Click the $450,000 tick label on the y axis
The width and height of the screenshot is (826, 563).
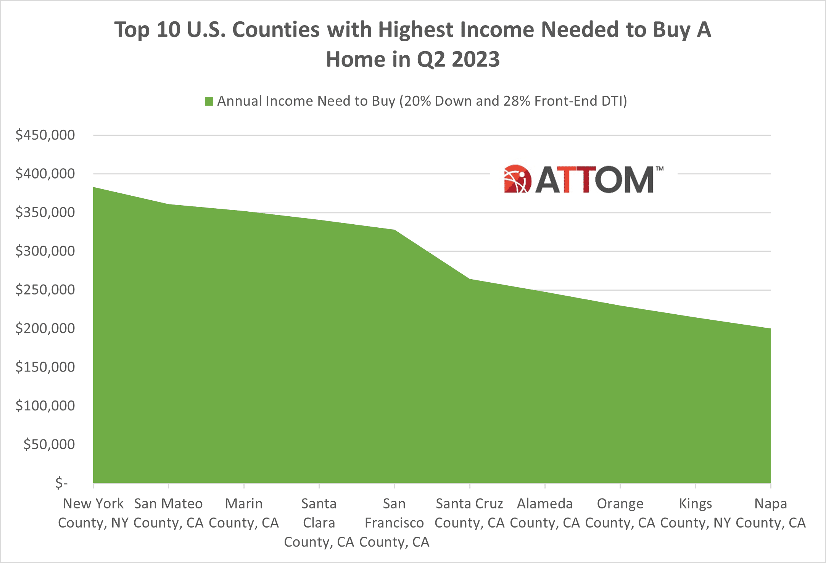point(45,135)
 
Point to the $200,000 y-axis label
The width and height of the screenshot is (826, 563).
point(45,328)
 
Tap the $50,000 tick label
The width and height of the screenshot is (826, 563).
point(49,444)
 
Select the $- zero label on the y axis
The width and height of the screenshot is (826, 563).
point(61,483)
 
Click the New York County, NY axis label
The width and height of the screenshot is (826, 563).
point(93,513)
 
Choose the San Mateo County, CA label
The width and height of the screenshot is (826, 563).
point(168,513)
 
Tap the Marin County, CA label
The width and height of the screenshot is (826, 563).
point(244,513)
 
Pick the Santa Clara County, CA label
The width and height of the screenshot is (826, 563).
point(319,523)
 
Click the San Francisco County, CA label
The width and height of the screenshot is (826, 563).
point(394,523)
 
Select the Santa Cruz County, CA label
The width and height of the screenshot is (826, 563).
point(470,513)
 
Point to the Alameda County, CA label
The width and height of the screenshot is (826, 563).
point(545,513)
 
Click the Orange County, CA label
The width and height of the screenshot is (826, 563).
point(620,513)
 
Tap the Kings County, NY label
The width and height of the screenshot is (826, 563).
point(695,513)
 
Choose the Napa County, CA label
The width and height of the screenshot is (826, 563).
point(771,513)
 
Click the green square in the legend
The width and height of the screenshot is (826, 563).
point(209,101)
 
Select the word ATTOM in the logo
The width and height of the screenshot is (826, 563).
point(595,180)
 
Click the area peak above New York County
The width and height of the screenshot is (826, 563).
point(94,188)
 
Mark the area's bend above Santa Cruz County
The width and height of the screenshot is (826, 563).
point(470,279)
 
